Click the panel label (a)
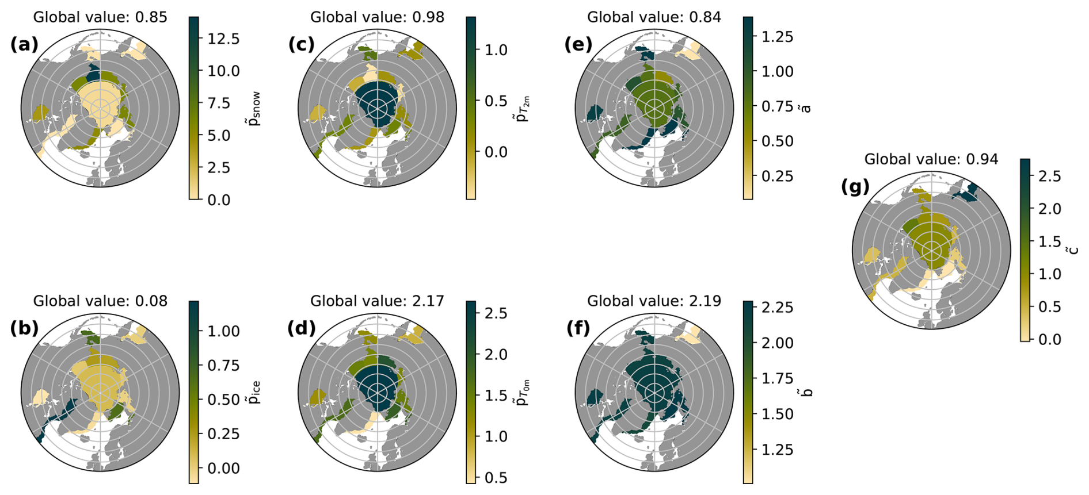[x=24, y=44]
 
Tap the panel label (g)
[x=855, y=187]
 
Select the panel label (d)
[x=302, y=328]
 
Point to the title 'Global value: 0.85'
[x=100, y=17]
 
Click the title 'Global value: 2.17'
[x=378, y=301]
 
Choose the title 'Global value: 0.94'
[x=931, y=159]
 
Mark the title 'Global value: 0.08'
[x=100, y=301]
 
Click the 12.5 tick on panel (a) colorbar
[x=223, y=39]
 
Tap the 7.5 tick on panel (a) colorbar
[x=219, y=103]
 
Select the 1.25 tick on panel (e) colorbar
[x=778, y=37]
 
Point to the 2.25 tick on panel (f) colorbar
[x=778, y=308]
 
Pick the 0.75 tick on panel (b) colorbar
[x=223, y=366]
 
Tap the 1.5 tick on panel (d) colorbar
[x=496, y=396]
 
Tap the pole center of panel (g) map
[x=931, y=250]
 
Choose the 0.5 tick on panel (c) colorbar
[x=496, y=101]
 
